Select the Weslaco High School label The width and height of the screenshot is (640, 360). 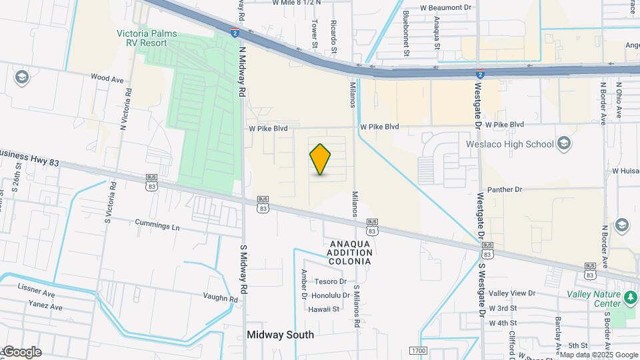[521, 144]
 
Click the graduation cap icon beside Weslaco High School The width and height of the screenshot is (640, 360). [564, 143]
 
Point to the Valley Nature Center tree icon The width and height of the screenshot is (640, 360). [631, 295]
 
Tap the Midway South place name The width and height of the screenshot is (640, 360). [280, 335]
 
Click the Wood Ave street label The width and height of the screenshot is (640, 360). [107, 79]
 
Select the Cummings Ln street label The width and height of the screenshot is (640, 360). [157, 227]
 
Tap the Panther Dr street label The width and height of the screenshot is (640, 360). [505, 190]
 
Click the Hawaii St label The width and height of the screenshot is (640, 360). [324, 309]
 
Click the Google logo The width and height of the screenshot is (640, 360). [21, 352]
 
